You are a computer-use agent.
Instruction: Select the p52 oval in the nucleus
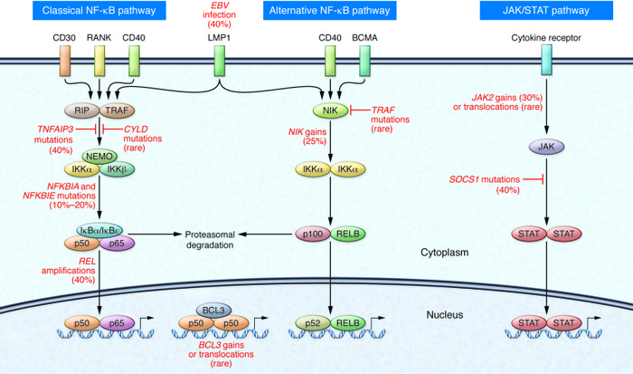313,322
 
